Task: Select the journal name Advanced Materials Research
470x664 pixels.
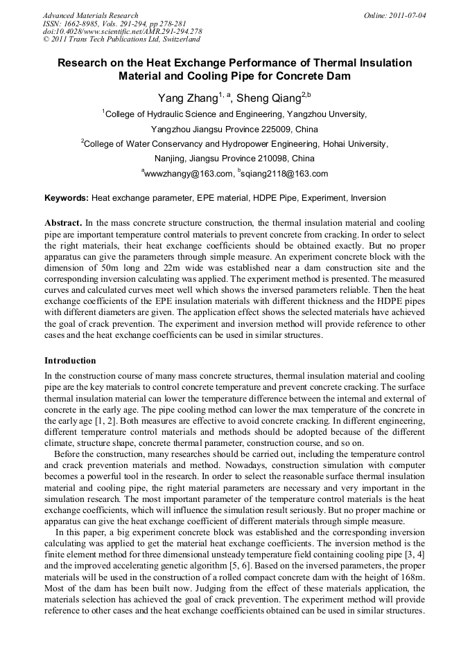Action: [x=90, y=15]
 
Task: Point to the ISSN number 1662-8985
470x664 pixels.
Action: [x=80, y=23]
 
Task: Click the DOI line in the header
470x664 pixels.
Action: [x=122, y=31]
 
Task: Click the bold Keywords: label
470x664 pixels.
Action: [x=67, y=198]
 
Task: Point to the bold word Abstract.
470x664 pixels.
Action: [x=63, y=223]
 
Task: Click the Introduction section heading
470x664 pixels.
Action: [x=70, y=361]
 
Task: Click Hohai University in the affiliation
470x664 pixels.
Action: [x=354, y=144]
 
